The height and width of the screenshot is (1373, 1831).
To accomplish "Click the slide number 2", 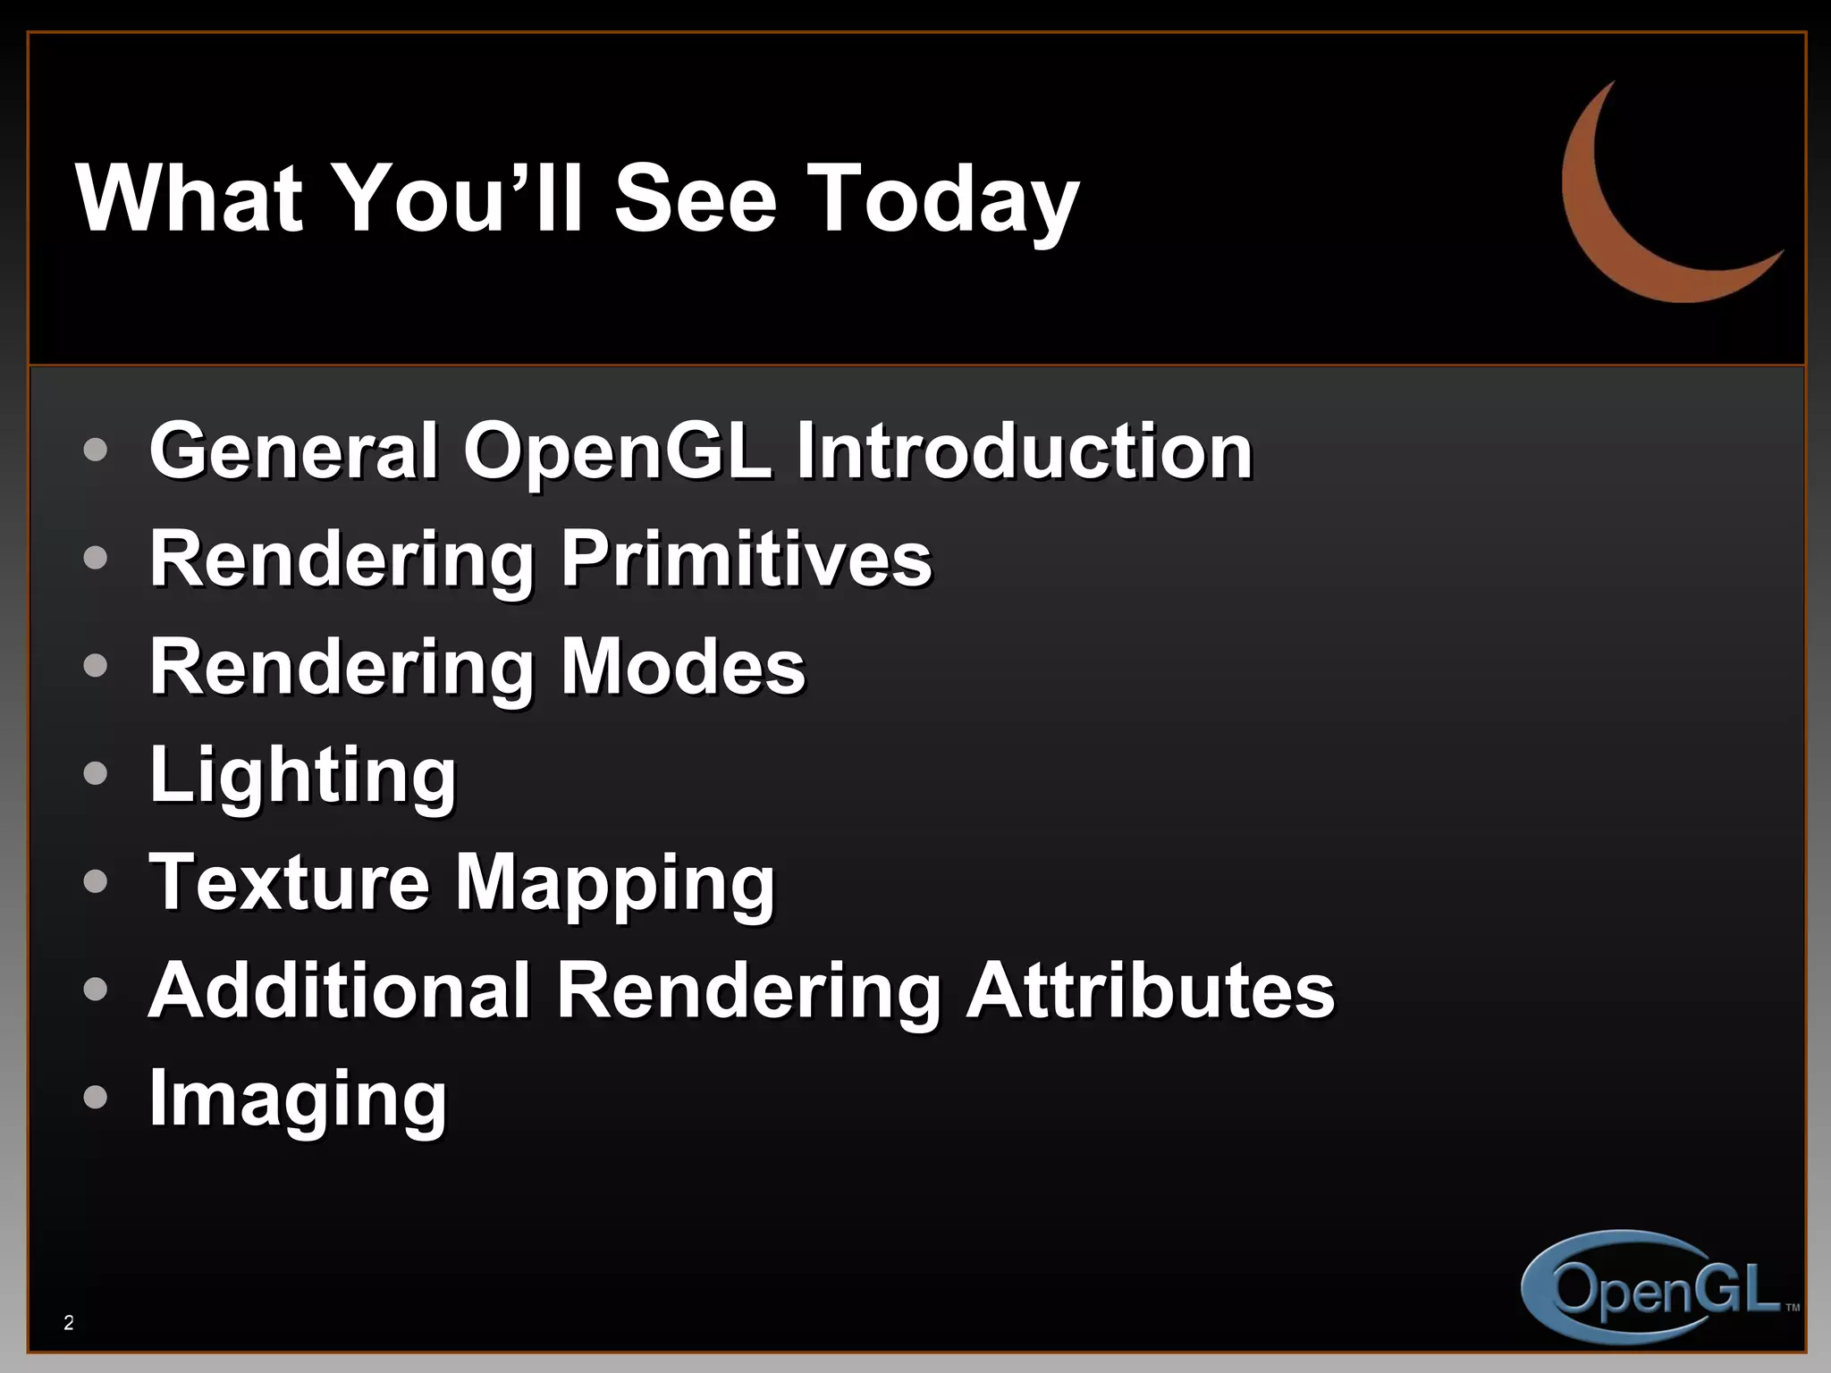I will click(x=69, y=1323).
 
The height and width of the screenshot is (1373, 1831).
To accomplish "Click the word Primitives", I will click(x=747, y=559).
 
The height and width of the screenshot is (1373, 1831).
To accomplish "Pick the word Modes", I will click(x=683, y=667).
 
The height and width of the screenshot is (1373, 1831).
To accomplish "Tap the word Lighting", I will click(x=303, y=776).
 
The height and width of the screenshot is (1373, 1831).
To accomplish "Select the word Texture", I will click(x=290, y=882).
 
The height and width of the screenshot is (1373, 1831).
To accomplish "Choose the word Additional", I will click(x=341, y=990).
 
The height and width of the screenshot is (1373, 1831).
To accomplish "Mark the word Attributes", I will click(x=1151, y=990).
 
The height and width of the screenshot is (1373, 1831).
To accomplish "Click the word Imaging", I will click(x=298, y=1100).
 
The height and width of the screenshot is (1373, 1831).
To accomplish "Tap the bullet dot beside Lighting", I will click(x=95, y=773).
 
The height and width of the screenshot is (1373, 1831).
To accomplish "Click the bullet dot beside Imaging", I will click(x=95, y=1097).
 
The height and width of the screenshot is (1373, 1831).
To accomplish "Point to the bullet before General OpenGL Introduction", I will click(x=95, y=450).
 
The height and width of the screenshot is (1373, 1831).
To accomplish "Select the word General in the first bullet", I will click(x=294, y=451).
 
